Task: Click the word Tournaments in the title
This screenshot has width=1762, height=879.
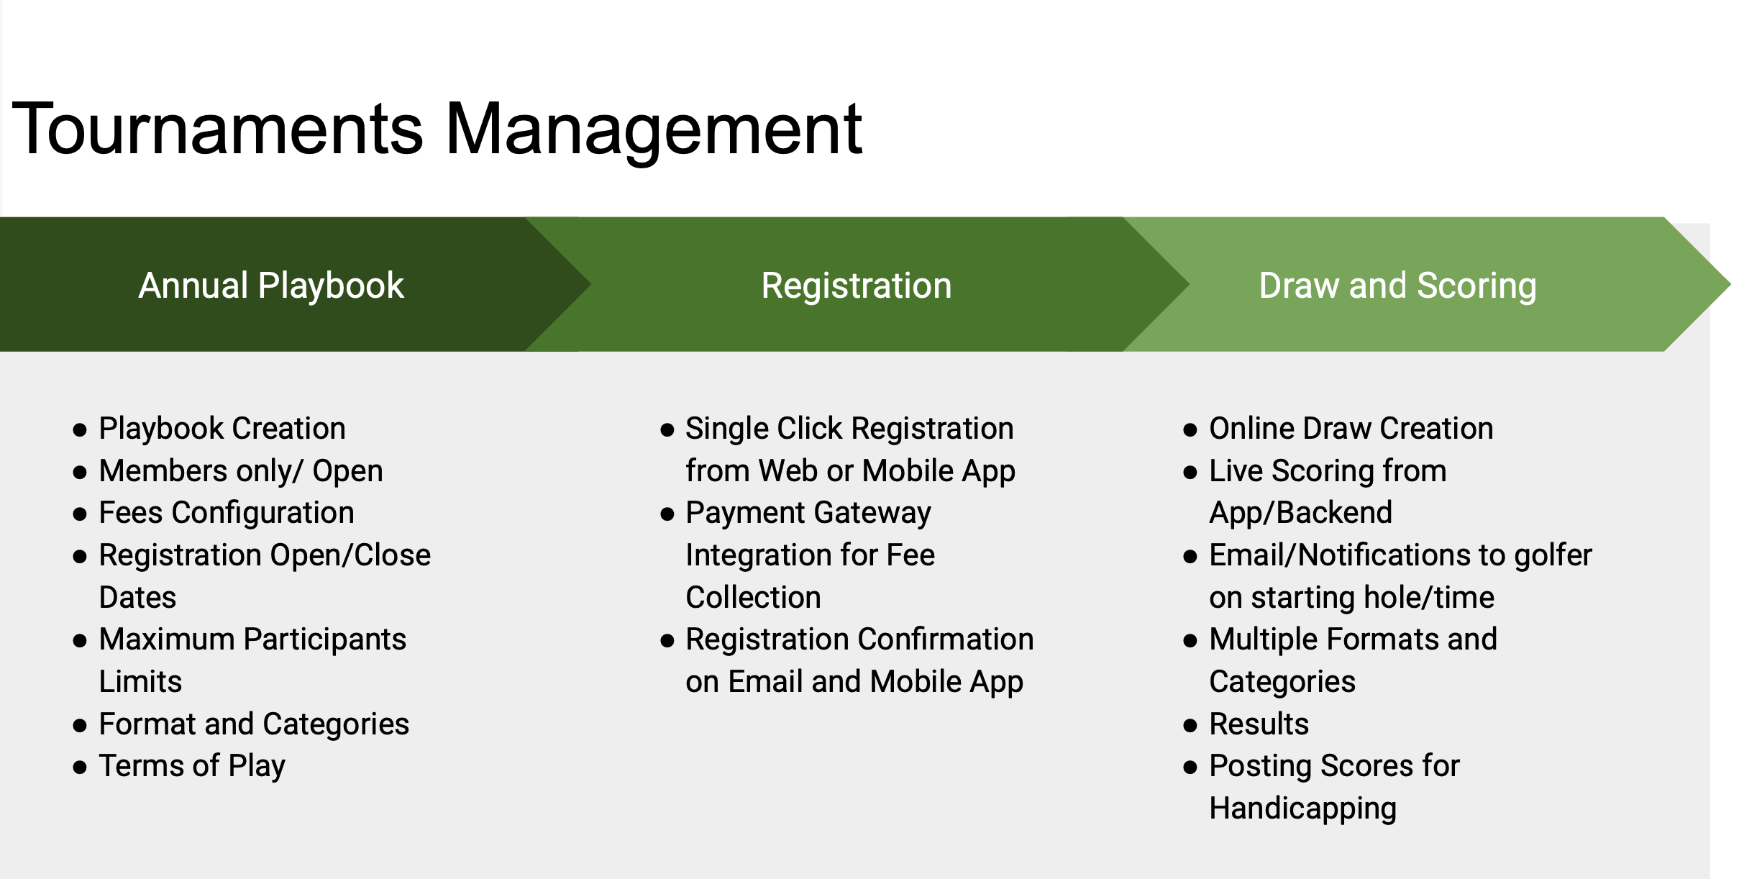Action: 218,129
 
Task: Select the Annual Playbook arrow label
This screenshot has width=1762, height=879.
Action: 271,286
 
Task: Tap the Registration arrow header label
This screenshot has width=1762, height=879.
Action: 857,286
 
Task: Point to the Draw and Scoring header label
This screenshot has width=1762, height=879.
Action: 1398,286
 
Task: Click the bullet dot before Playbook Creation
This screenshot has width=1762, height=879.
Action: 80,430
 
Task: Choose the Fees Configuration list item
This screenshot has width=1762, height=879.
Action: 227,514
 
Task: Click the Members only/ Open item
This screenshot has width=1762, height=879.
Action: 241,471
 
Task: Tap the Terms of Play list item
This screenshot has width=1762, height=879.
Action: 192,767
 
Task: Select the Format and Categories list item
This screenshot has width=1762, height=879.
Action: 254,724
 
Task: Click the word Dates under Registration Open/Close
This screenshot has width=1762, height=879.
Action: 137,598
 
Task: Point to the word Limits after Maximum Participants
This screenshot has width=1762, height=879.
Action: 140,682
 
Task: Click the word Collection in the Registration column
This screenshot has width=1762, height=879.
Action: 753,598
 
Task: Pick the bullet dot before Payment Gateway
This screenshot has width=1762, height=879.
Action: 667,514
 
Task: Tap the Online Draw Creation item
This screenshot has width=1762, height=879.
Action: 1351,429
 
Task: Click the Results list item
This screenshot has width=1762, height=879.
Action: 1259,724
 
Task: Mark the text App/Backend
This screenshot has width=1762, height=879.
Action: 1301,514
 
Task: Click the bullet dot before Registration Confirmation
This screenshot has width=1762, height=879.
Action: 667,641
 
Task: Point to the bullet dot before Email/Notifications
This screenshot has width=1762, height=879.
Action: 1190,557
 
